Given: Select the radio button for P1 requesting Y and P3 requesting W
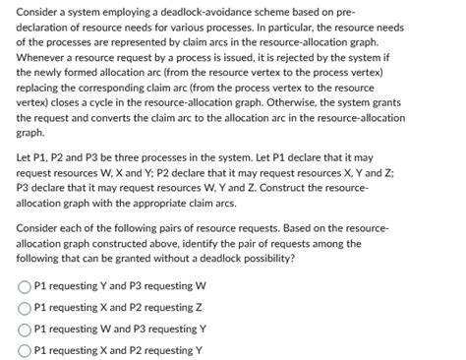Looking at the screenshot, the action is tap(25, 287).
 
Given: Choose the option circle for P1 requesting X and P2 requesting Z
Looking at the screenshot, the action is tap(25, 306).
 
